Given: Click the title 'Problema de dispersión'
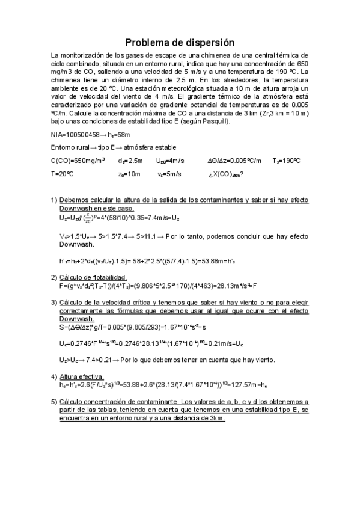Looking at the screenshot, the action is (180, 43).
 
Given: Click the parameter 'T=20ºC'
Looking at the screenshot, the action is (62, 174).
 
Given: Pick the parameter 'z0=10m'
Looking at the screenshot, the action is (129, 174).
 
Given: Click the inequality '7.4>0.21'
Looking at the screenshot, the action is (95, 360).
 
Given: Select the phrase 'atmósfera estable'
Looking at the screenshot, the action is (159, 147).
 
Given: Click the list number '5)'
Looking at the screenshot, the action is (53, 401).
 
